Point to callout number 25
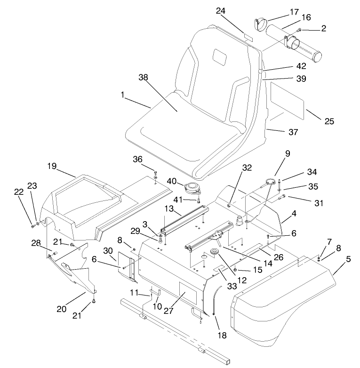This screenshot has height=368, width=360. (329, 121)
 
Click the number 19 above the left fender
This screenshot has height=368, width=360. (52, 166)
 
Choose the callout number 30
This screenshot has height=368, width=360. (108, 252)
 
